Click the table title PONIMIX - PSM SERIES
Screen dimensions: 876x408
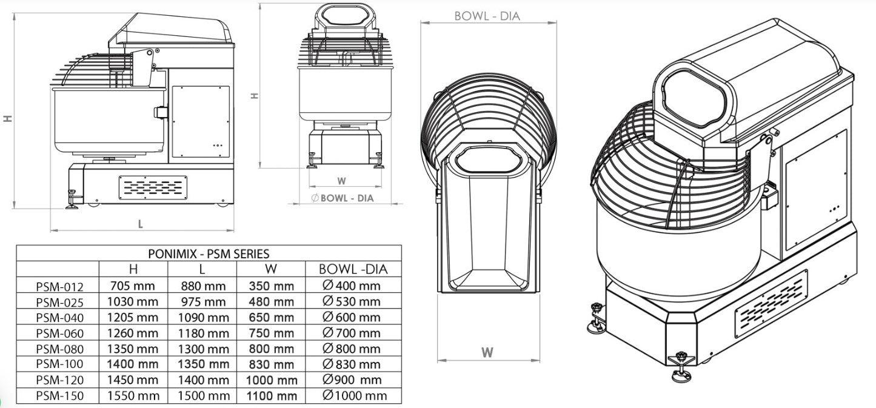click(x=209, y=254)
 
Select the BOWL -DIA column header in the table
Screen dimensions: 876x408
click(x=353, y=269)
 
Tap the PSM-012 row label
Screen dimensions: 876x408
click(x=59, y=287)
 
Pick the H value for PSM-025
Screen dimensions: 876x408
click(x=133, y=301)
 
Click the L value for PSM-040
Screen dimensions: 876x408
click(x=203, y=317)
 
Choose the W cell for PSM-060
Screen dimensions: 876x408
click(x=272, y=333)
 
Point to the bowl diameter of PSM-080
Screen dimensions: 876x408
click(x=351, y=348)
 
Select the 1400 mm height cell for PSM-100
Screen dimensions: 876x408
click(x=133, y=364)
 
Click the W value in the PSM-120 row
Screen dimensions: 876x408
click(x=272, y=380)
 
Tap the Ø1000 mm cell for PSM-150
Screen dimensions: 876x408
click(x=355, y=395)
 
